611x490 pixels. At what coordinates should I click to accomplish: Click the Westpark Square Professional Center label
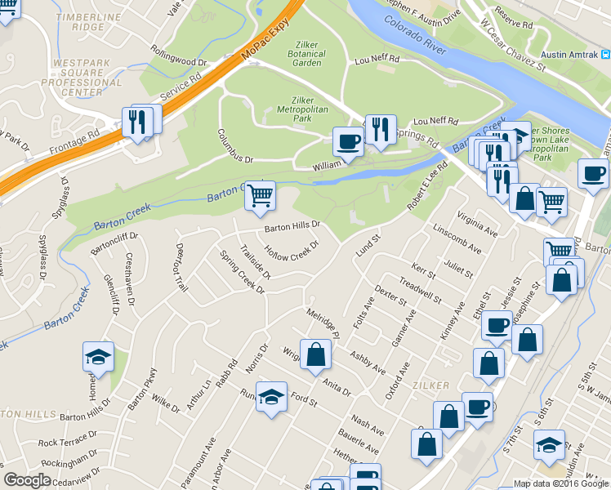[87, 77]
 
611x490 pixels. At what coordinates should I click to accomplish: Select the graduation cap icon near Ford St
[272, 397]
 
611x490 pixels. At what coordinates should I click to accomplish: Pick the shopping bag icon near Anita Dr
[314, 354]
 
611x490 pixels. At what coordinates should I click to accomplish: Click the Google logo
[28, 480]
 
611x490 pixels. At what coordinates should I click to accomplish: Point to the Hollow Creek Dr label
[290, 248]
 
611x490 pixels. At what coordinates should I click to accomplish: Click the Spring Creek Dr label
[243, 271]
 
